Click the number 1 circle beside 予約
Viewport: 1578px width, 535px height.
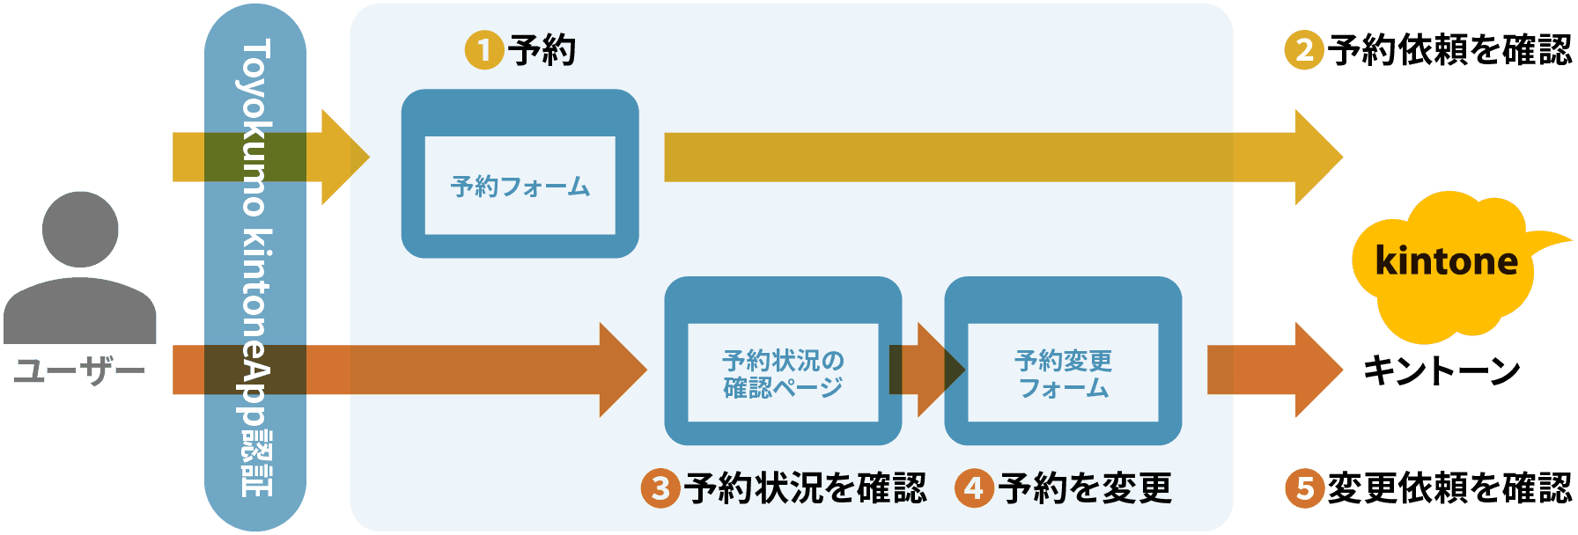pyautogui.click(x=483, y=50)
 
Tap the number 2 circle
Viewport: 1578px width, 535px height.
pyautogui.click(x=1304, y=50)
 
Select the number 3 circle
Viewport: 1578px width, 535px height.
pyautogui.click(x=660, y=488)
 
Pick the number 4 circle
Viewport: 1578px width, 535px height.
pyautogui.click(x=974, y=488)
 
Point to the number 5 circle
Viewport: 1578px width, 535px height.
pyautogui.click(x=1304, y=488)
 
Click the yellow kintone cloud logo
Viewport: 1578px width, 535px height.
pyautogui.click(x=1446, y=264)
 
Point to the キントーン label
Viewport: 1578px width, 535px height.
pyautogui.click(x=1442, y=370)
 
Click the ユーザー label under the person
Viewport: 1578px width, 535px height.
pyautogui.click(x=79, y=370)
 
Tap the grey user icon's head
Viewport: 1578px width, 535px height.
pyautogui.click(x=80, y=229)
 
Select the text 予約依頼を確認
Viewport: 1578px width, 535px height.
pyautogui.click(x=1449, y=50)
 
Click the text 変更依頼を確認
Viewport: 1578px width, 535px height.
pyautogui.click(x=1449, y=488)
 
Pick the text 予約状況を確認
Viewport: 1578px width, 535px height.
pyautogui.click(x=806, y=488)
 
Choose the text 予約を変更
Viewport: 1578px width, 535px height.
pyautogui.click(x=1086, y=488)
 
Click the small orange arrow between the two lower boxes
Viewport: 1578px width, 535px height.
pyautogui.click(x=925, y=370)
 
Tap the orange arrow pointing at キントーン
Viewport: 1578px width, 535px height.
pyautogui.click(x=1277, y=370)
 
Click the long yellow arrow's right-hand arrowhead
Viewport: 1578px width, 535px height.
pyautogui.click(x=1317, y=158)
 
